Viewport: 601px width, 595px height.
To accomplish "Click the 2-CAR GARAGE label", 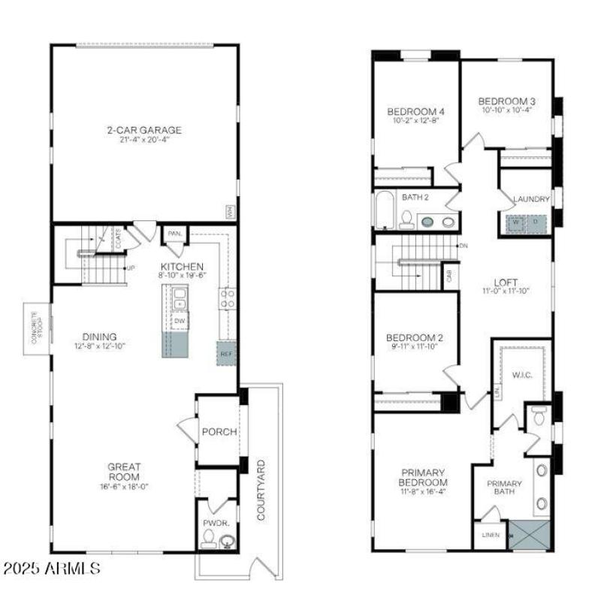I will click(x=143, y=130).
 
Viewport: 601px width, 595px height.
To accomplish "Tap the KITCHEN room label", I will click(x=181, y=267).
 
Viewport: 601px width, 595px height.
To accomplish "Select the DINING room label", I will click(x=100, y=337).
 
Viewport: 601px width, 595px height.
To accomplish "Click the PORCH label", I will click(x=219, y=432).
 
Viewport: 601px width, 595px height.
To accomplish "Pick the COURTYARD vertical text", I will click(x=261, y=489).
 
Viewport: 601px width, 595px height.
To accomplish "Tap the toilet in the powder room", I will click(x=208, y=538).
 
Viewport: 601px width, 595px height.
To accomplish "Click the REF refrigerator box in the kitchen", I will click(x=227, y=352).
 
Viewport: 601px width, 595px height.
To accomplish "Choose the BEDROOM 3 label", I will click(x=506, y=101).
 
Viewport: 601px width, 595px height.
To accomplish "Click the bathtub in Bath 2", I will click(x=383, y=210).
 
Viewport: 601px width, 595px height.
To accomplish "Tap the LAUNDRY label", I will click(x=531, y=199).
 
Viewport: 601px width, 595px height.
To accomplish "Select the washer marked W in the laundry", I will click(x=516, y=222).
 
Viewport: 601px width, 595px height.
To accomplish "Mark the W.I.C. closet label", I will click(x=522, y=375).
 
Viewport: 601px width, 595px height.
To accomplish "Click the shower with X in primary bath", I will click(x=530, y=535).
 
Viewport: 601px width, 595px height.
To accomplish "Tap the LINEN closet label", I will click(x=489, y=536).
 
